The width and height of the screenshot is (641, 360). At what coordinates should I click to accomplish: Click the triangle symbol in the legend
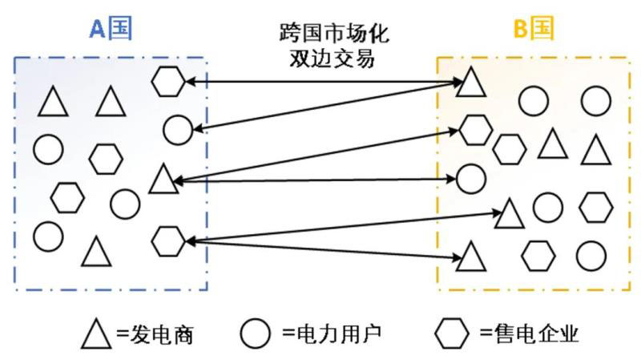(95, 333)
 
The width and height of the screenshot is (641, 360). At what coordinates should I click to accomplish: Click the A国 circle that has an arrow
(178, 128)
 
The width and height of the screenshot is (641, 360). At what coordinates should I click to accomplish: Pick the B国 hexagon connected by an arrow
(474, 128)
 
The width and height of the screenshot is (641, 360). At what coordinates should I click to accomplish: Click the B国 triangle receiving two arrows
(471, 82)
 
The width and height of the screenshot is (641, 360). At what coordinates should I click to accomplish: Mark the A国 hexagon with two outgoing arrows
(168, 239)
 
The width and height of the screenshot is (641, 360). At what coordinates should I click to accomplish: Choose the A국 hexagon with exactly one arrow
(168, 80)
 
